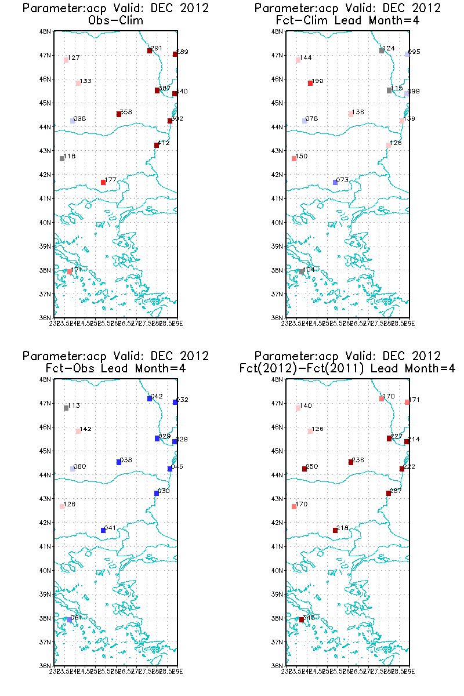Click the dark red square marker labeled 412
pyautogui.click(x=157, y=146)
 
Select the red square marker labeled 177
pyautogui.click(x=103, y=182)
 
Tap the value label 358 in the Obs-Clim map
pyautogui.click(x=126, y=111)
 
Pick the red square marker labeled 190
pyautogui.click(x=310, y=84)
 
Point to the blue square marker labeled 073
pyautogui.click(x=335, y=182)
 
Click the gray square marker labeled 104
pyautogui.click(x=302, y=271)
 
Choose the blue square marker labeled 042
pyautogui.click(x=150, y=398)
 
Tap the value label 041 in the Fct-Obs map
pyautogui.click(x=110, y=528)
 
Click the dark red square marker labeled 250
pyautogui.click(x=304, y=469)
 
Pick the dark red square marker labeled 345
pyautogui.click(x=302, y=619)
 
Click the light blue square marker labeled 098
pyautogui.click(x=72, y=121)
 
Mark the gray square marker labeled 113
pyautogui.click(x=66, y=408)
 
